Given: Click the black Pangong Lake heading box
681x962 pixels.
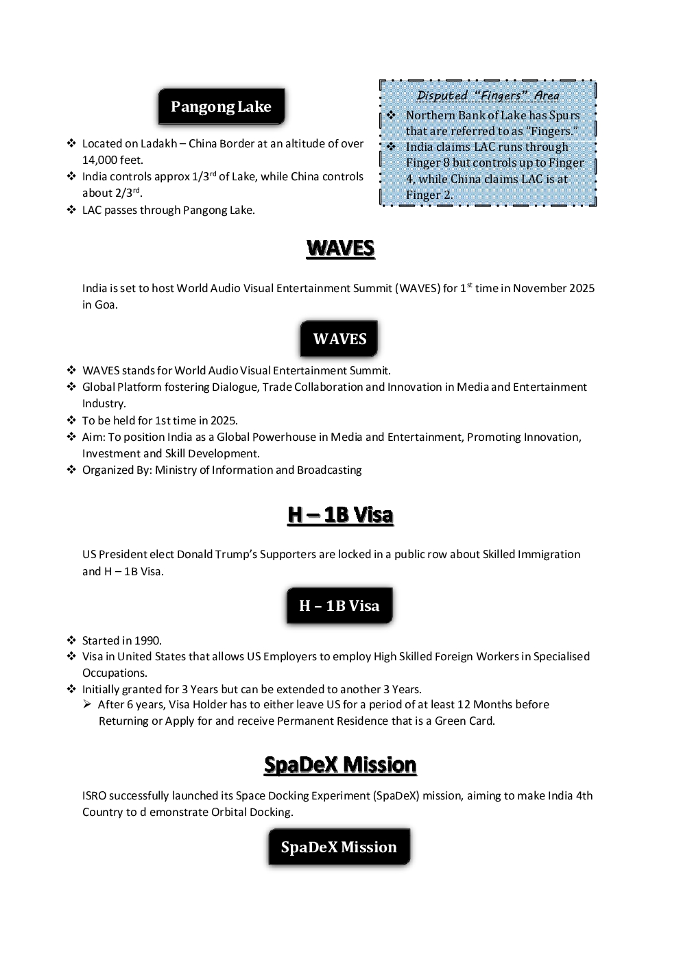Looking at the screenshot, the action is pyautogui.click(x=222, y=106).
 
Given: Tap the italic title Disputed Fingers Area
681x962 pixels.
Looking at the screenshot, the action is pyautogui.click(x=488, y=95).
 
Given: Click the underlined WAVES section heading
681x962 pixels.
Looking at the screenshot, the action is pyautogui.click(x=340, y=249).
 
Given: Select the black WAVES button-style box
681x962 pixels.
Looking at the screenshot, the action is pyautogui.click(x=339, y=339).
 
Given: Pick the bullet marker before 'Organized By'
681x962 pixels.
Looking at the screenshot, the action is pyautogui.click(x=71, y=470).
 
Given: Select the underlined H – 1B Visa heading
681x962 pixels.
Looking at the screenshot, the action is pyautogui.click(x=340, y=515).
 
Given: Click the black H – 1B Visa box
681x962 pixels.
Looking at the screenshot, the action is pyautogui.click(x=339, y=605).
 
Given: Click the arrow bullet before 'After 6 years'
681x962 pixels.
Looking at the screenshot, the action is pyautogui.click(x=87, y=704).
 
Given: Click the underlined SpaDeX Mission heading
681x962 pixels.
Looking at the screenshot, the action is pyautogui.click(x=340, y=765).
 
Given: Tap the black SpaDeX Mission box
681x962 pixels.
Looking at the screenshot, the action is pyautogui.click(x=339, y=847).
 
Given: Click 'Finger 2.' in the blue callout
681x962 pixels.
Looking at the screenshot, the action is pyautogui.click(x=429, y=195).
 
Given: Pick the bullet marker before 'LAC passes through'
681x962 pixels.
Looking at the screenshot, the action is pyautogui.click(x=71, y=210).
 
